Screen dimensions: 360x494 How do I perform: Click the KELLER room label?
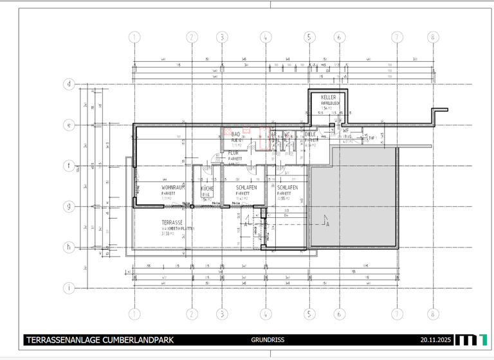click(329, 98)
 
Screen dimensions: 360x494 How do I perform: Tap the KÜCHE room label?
click(207, 188)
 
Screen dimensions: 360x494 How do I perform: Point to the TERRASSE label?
click(172, 222)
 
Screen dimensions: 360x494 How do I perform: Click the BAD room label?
click(235, 134)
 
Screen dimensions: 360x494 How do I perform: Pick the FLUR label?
click(233, 153)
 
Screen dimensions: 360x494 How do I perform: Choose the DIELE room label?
click(311, 134)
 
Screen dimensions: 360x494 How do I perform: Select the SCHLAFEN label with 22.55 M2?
click(288, 188)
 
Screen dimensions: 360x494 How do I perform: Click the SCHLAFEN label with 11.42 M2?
click(246, 188)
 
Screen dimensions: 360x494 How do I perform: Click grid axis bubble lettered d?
click(69, 84)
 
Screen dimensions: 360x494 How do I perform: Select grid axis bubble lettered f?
click(69, 165)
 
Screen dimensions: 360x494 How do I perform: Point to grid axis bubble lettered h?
click(69, 248)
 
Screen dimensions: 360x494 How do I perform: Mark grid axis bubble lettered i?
click(69, 288)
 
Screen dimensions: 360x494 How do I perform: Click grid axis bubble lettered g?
click(69, 206)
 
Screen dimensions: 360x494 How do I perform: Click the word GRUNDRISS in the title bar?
click(268, 340)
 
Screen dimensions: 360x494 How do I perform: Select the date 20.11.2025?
click(437, 340)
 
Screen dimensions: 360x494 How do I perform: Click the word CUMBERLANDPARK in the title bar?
click(134, 340)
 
